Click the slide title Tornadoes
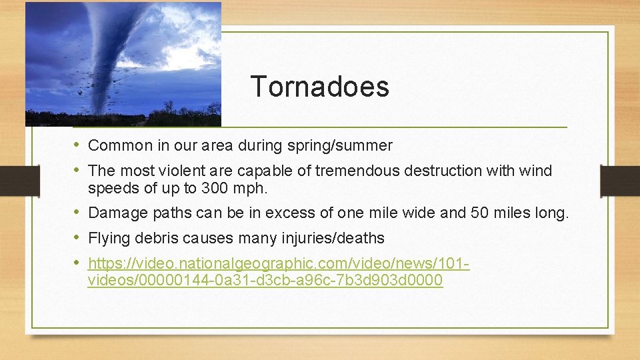319,87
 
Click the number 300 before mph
214,189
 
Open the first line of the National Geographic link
279,263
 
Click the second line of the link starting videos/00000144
265,280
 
